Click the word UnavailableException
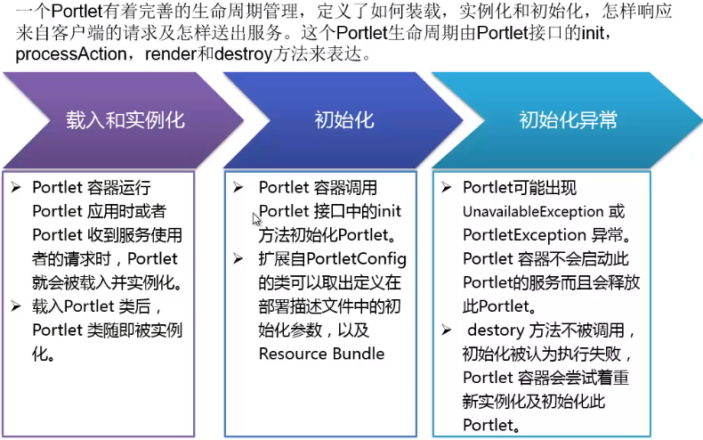532,212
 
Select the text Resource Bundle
321,354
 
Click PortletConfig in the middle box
357,259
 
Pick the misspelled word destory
494,330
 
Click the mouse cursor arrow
256,218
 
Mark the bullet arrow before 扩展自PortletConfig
238,259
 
